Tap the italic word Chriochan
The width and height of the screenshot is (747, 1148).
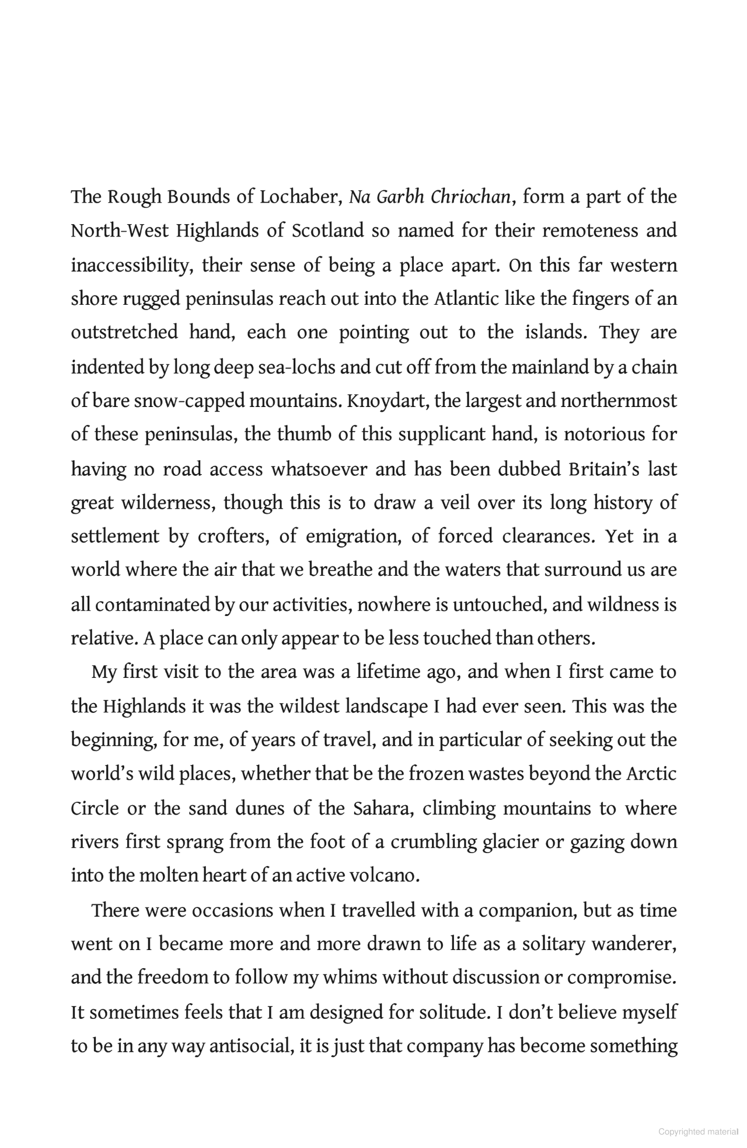click(x=471, y=197)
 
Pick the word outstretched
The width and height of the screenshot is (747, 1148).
click(x=124, y=333)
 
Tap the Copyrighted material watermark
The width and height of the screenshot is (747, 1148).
click(x=698, y=1132)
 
